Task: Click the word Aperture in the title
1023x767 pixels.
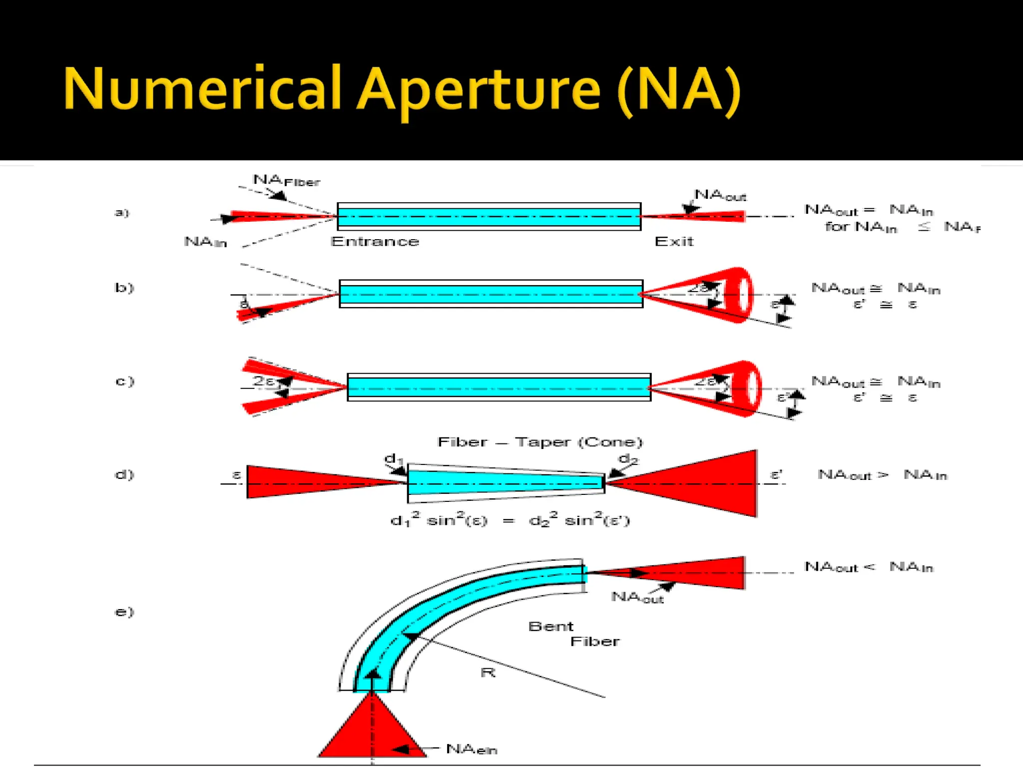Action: click(479, 90)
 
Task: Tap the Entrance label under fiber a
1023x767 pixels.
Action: click(375, 242)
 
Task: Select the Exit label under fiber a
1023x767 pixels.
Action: click(674, 242)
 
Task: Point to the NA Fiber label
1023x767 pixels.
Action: click(286, 180)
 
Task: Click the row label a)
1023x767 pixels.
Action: click(122, 213)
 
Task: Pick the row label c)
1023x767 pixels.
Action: click(124, 382)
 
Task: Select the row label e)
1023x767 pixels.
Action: click(124, 612)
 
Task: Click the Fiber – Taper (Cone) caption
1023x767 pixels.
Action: click(540, 442)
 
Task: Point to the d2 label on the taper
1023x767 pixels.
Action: click(628, 459)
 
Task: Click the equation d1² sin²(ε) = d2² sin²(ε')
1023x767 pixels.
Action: click(510, 521)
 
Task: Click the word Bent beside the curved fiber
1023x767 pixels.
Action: click(550, 626)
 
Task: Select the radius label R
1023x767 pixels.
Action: click(488, 673)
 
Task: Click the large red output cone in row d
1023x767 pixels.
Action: click(709, 483)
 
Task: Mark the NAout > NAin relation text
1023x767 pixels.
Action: click(882, 475)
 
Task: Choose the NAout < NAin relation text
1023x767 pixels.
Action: click(869, 567)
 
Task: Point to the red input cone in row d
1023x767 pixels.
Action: click(300, 482)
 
